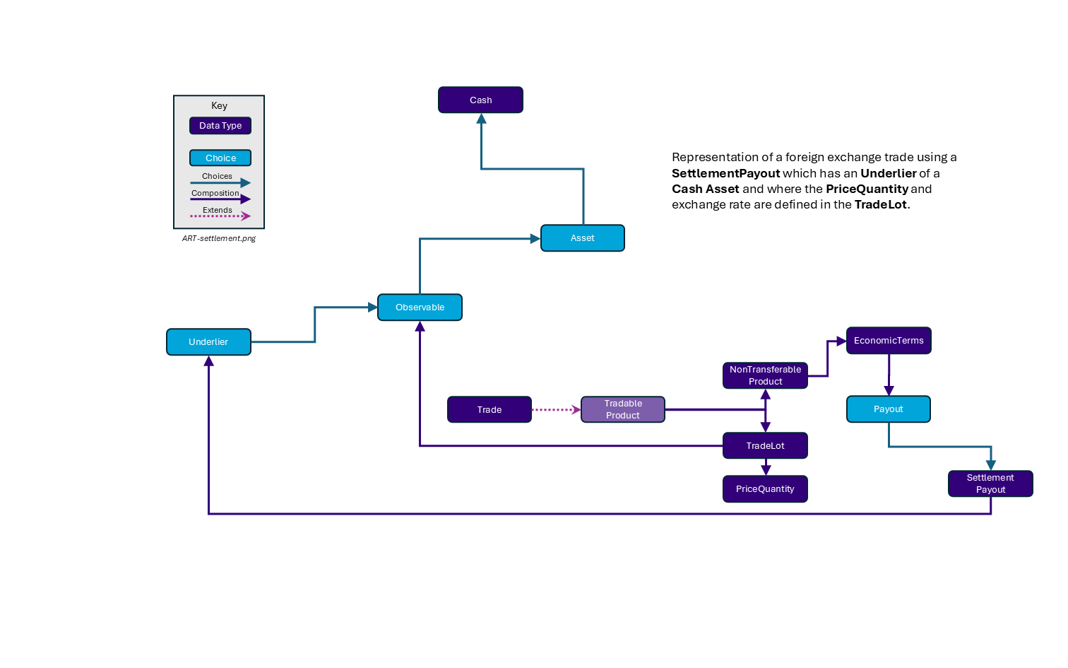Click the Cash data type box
pos(480,100)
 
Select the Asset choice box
pos(582,238)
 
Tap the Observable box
pos(420,307)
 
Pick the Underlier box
pos(208,342)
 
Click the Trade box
pos(489,410)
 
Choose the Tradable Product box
pos(622,409)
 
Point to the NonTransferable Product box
pos(765,375)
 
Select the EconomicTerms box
pos(889,341)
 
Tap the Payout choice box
pos(888,409)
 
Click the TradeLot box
pos(765,446)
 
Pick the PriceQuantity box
pos(765,489)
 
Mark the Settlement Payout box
pos(990,484)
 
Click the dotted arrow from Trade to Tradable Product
pos(555,410)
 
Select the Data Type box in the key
pos(220,126)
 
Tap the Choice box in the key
pos(220,158)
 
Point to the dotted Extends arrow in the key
pos(220,216)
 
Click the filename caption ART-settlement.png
pos(219,239)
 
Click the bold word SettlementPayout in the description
pos(725,174)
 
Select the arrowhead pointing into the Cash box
pos(481,119)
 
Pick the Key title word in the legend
pos(219,106)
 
